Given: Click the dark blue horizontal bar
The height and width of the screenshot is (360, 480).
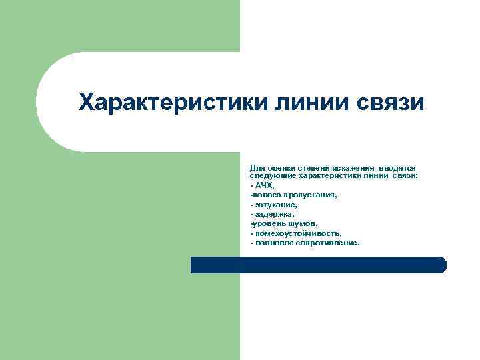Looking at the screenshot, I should [x=318, y=265].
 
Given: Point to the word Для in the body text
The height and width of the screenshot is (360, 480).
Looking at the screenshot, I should [x=256, y=168].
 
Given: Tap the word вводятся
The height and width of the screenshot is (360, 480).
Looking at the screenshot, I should [x=397, y=168].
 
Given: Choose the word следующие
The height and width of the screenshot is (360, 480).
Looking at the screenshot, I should [x=271, y=175].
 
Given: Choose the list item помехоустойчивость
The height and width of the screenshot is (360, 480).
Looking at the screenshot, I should [x=297, y=233].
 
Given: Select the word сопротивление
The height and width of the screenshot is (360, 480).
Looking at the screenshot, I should [x=326, y=243].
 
